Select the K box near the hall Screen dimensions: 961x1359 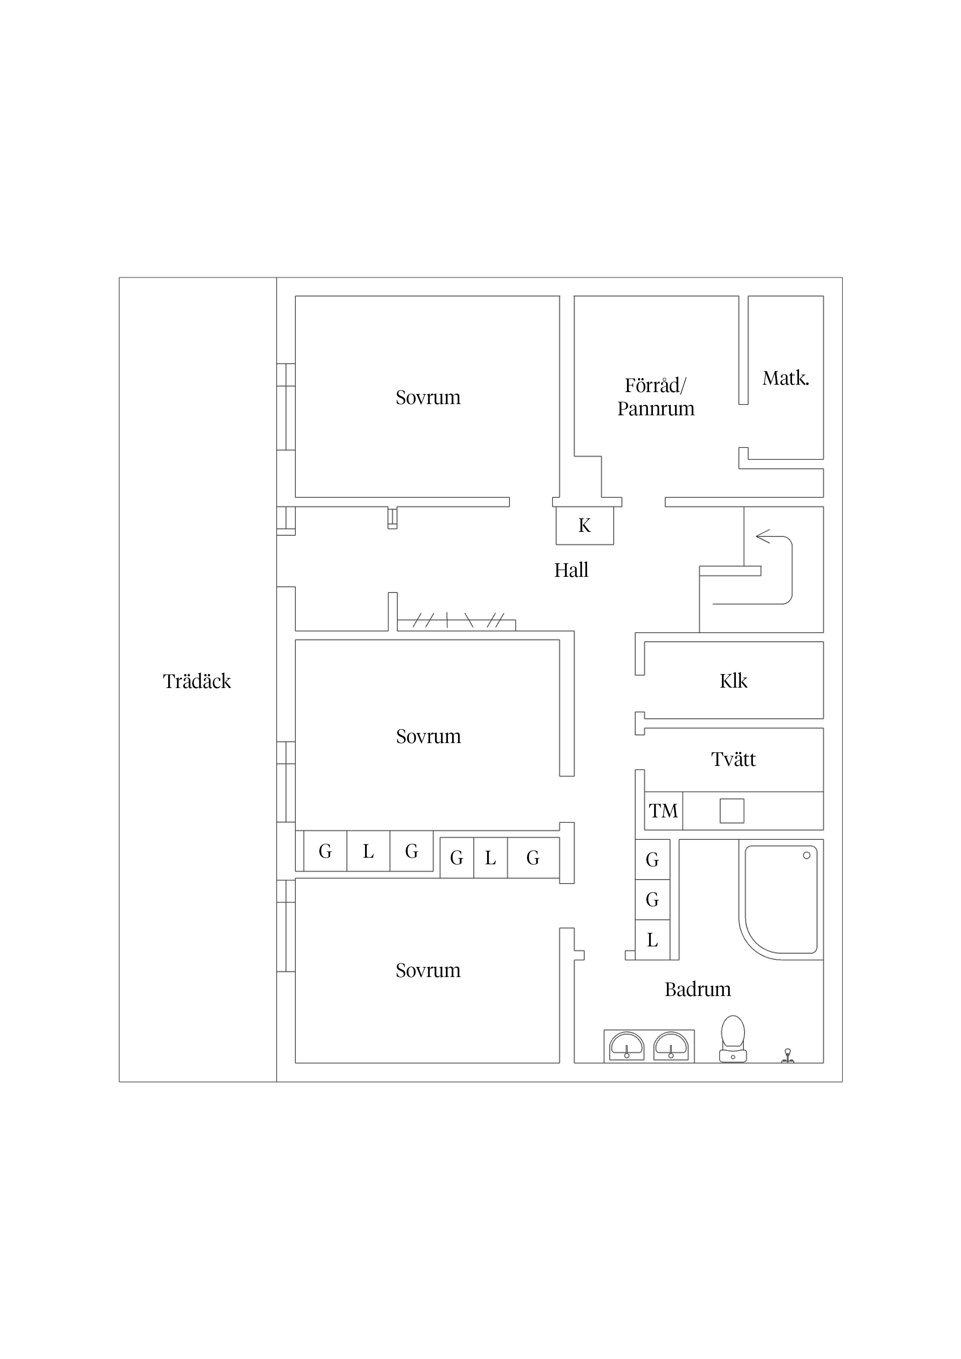(x=584, y=526)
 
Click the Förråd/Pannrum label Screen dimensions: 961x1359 (x=656, y=397)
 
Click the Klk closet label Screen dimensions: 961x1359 (x=733, y=681)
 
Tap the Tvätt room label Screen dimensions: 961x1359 (x=733, y=759)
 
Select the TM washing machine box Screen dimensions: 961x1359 (x=663, y=811)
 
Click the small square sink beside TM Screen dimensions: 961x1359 (x=732, y=811)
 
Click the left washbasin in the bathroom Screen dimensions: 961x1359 (x=627, y=1046)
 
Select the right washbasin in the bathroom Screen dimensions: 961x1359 (x=671, y=1046)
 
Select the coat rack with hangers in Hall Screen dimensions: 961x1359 (x=456, y=621)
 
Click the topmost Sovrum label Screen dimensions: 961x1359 (x=428, y=397)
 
